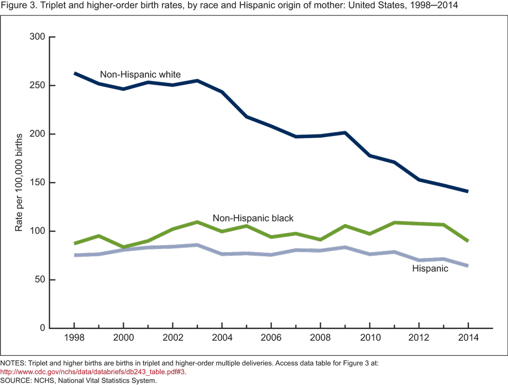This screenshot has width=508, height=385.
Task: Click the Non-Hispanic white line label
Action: tap(140, 75)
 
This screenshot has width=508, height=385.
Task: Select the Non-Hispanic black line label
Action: tap(253, 218)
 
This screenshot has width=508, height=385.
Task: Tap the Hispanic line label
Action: tap(430, 268)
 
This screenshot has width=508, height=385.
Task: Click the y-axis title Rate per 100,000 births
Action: tap(19, 183)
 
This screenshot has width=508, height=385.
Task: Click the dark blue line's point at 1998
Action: tap(75, 73)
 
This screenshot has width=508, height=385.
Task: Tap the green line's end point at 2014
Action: tap(467, 241)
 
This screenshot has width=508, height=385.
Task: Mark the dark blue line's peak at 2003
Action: tap(197, 80)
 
